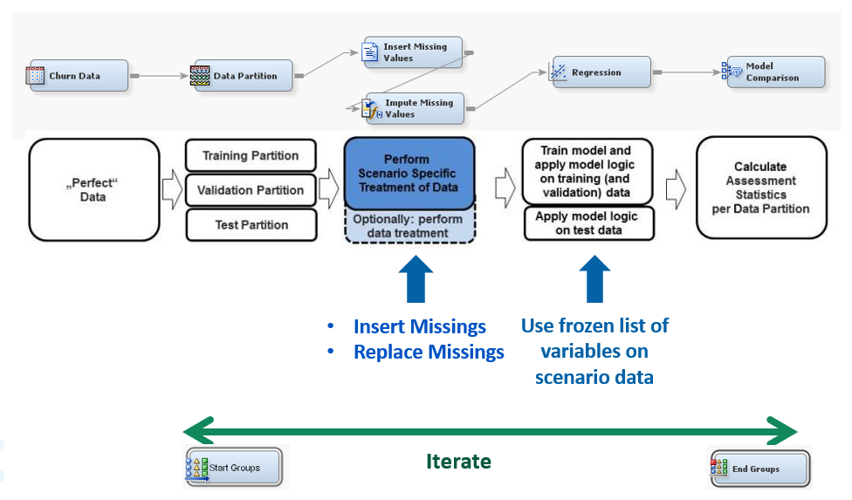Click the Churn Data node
pyautogui.click(x=77, y=75)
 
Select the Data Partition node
pyautogui.click(x=242, y=75)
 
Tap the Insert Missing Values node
pyautogui.click(x=413, y=52)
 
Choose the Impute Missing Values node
pyautogui.click(x=413, y=108)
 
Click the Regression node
pyautogui.click(x=600, y=72)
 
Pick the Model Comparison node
pyautogui.click(x=773, y=72)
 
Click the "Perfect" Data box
pyautogui.click(x=94, y=189)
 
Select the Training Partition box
pyautogui.click(x=251, y=156)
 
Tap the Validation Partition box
pyautogui.click(x=251, y=190)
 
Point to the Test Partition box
pyautogui.click(x=251, y=225)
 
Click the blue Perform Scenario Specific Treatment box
pyautogui.click(x=409, y=173)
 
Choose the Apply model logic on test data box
pyautogui.click(x=589, y=223)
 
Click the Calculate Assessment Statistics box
pyautogui.click(x=761, y=188)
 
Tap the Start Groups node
pyautogui.click(x=234, y=467)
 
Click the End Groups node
pyautogui.click(x=759, y=468)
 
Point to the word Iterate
pyautogui.click(x=458, y=462)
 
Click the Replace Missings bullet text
pyautogui.click(x=429, y=352)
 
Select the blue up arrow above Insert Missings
pyautogui.click(x=416, y=279)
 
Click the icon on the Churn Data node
pyautogui.click(x=35, y=75)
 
